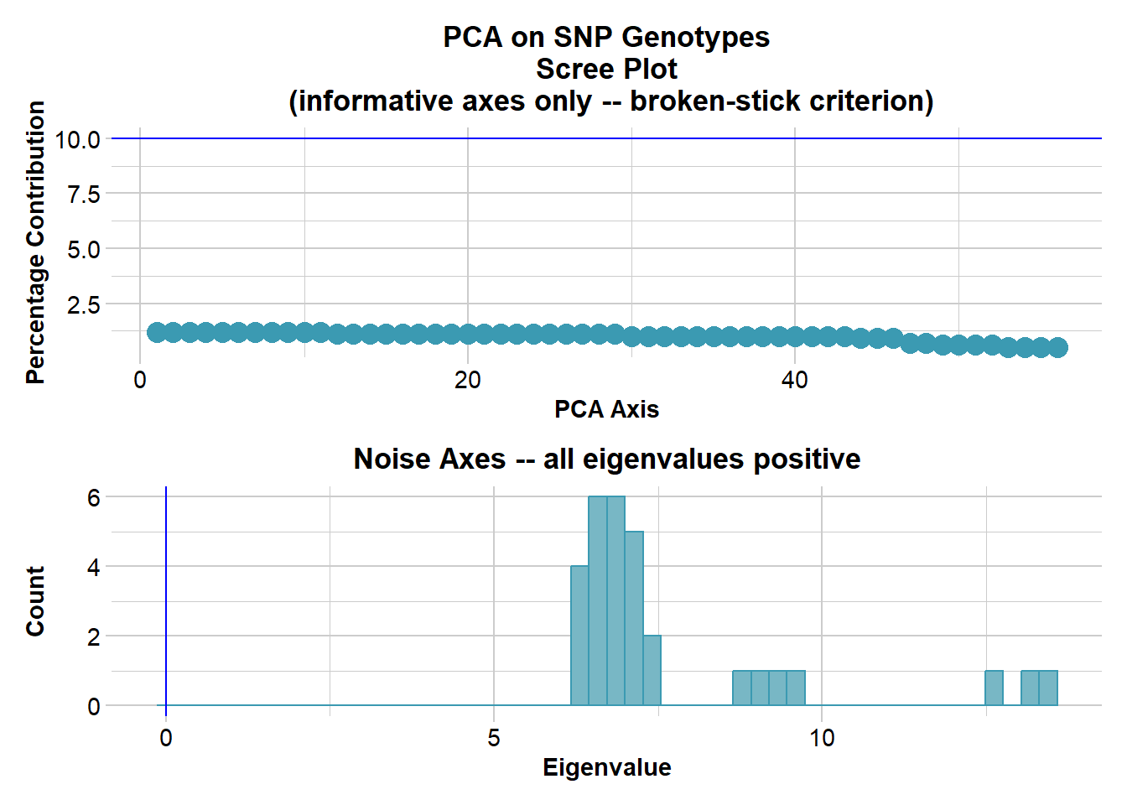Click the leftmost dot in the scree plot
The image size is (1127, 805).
157,333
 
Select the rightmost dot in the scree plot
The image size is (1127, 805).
1057,347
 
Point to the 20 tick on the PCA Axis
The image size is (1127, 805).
467,381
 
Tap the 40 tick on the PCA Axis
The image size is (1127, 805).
795,381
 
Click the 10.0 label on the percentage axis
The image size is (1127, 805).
77,140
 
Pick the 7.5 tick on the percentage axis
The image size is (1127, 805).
83,195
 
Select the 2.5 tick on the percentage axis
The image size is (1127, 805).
83,305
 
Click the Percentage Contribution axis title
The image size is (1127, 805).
35,243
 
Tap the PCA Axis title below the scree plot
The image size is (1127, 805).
606,409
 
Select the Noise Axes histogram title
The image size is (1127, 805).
606,459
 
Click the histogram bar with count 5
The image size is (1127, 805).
634,618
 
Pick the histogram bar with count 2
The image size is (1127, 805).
652,671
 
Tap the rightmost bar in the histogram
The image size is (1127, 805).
1048,688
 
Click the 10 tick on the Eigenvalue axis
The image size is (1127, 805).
822,738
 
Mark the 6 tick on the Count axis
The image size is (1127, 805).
93,498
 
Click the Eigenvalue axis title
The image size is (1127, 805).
606,767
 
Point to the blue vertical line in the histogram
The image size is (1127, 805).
166,587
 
